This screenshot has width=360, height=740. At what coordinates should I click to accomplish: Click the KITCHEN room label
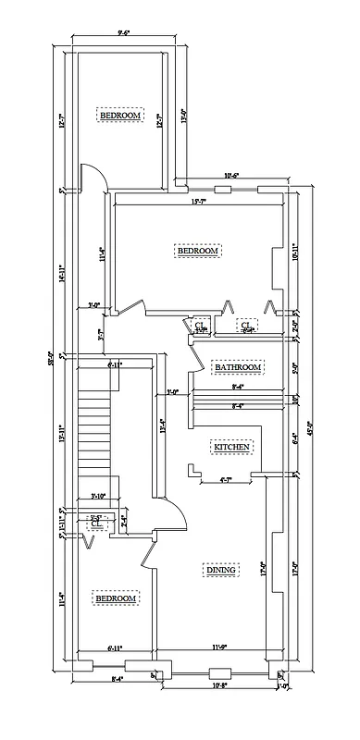coord(232,447)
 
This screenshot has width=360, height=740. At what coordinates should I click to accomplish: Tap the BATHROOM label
coord(238,367)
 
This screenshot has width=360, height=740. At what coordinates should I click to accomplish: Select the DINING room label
coord(221,570)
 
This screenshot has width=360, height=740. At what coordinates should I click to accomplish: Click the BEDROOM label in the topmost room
coord(120,116)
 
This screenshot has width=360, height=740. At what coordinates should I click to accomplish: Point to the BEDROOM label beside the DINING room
coord(117,598)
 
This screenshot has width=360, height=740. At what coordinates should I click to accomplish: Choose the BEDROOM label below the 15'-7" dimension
coord(197,251)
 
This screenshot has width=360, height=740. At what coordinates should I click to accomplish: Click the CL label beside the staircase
coord(95,524)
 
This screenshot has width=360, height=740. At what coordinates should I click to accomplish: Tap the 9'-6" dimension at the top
coord(123,31)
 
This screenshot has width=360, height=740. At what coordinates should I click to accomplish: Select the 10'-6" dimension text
coord(230,176)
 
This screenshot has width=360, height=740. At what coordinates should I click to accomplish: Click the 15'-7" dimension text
coord(197,202)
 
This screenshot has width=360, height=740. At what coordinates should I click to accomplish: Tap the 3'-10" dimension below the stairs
coord(99,495)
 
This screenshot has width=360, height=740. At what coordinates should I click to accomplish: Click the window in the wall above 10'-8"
coord(219,672)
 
